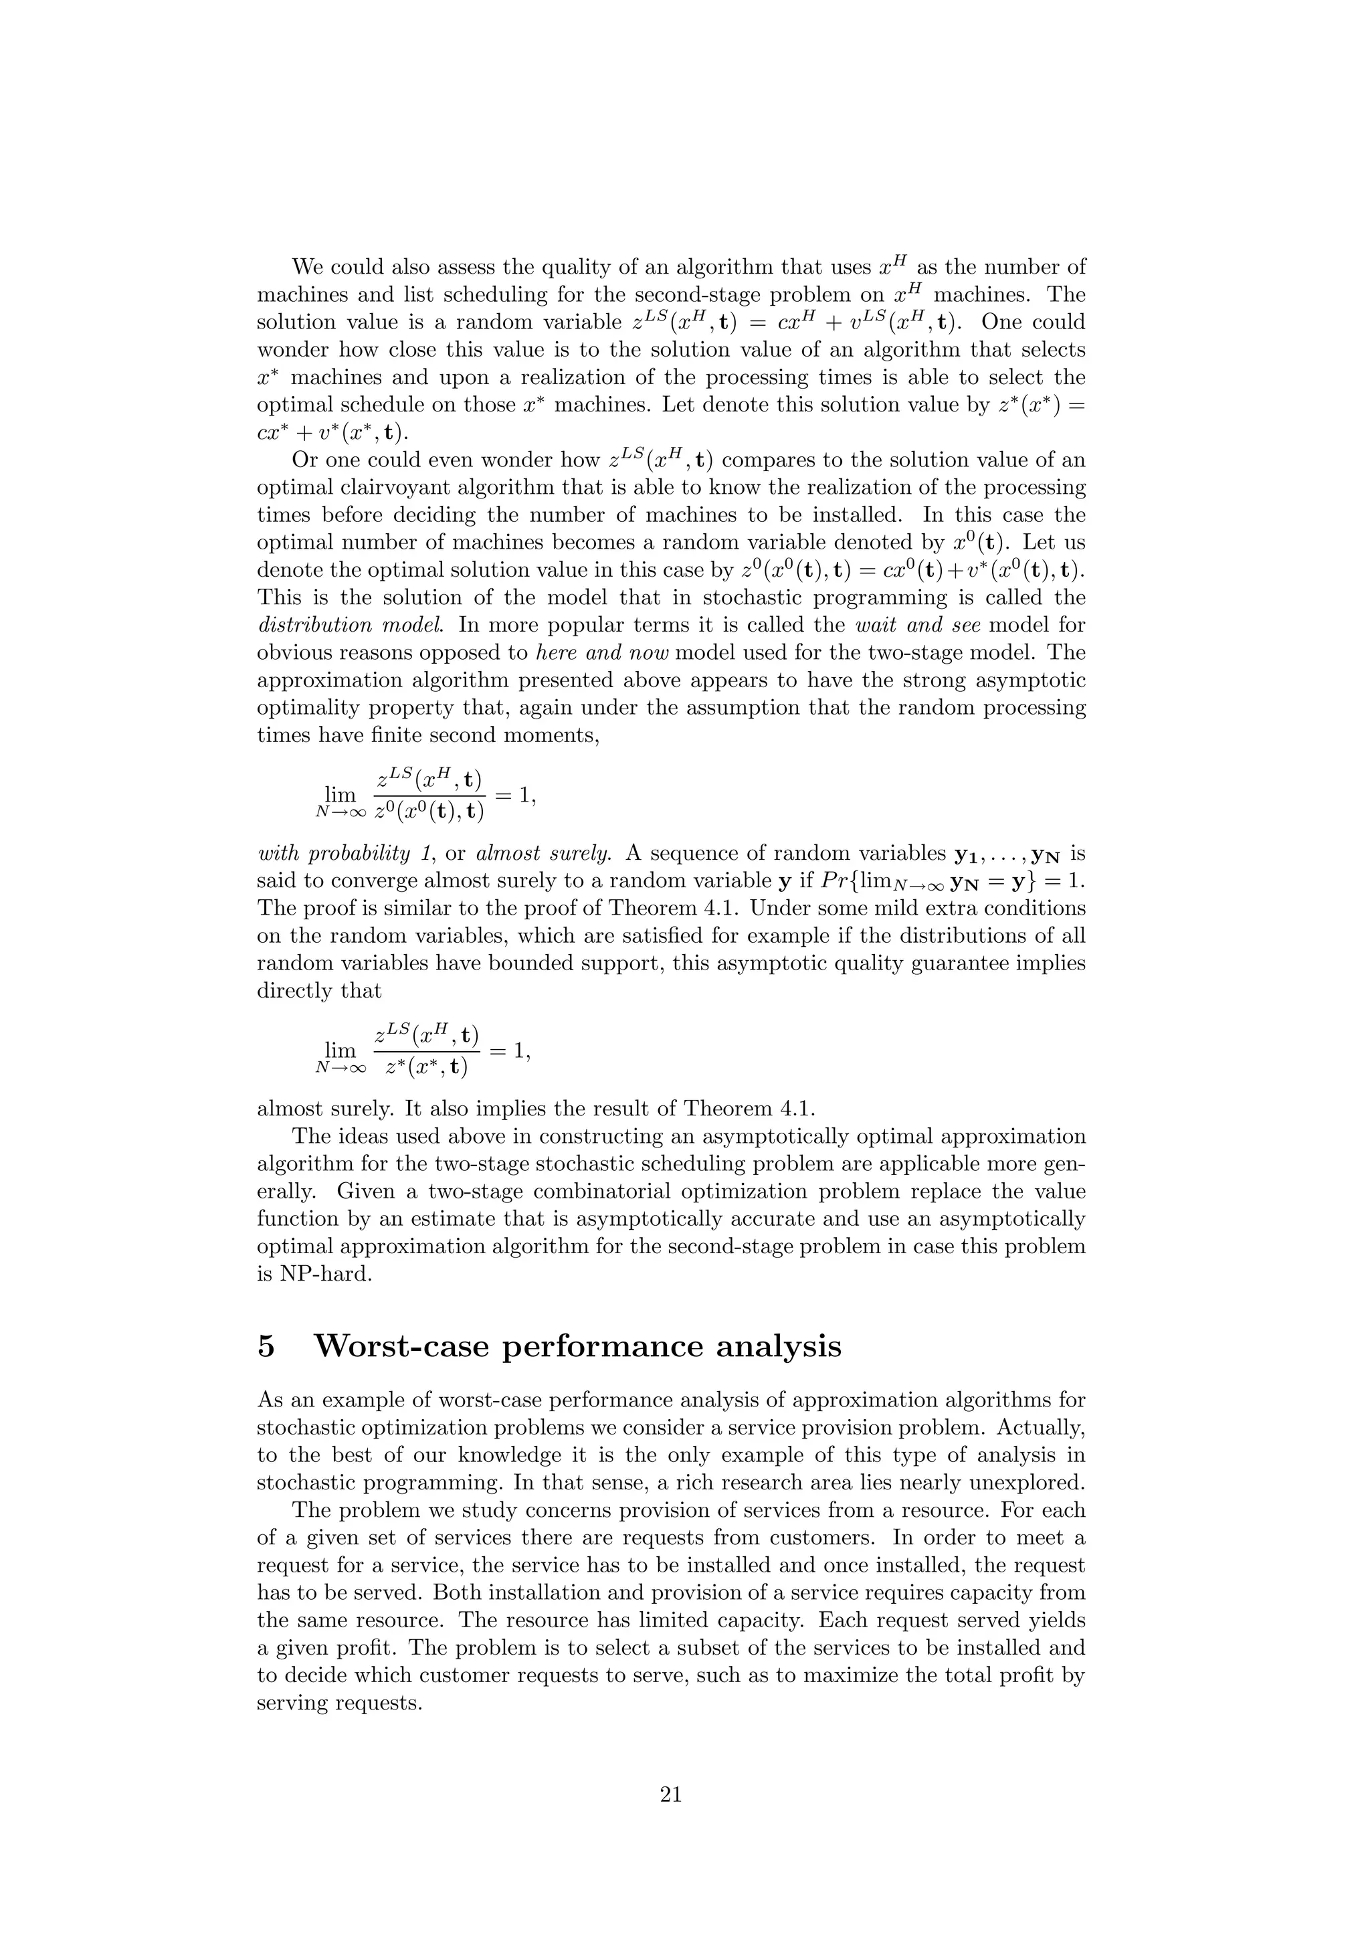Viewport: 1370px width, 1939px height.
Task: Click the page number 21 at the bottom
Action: pos(670,1794)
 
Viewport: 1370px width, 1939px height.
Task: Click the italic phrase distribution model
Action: pos(328,625)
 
